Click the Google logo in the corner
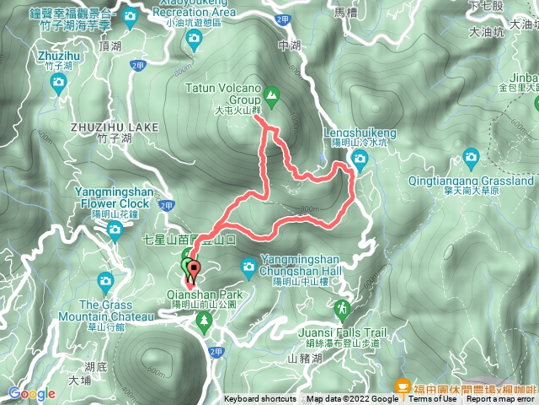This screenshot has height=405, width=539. tap(32, 393)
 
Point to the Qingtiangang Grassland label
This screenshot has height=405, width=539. tap(486, 181)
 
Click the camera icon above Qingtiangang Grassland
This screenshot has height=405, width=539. tap(470, 156)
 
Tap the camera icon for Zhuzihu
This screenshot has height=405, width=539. tap(58, 82)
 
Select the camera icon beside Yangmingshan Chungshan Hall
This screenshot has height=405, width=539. tap(248, 267)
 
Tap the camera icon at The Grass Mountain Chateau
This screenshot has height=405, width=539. tap(105, 280)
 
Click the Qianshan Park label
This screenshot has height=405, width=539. tap(205, 294)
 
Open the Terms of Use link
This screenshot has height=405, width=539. tap(431, 399)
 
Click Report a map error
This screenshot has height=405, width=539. tap(501, 399)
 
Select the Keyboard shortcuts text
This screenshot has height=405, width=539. tap(259, 399)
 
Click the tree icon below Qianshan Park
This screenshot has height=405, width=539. tap(204, 319)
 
